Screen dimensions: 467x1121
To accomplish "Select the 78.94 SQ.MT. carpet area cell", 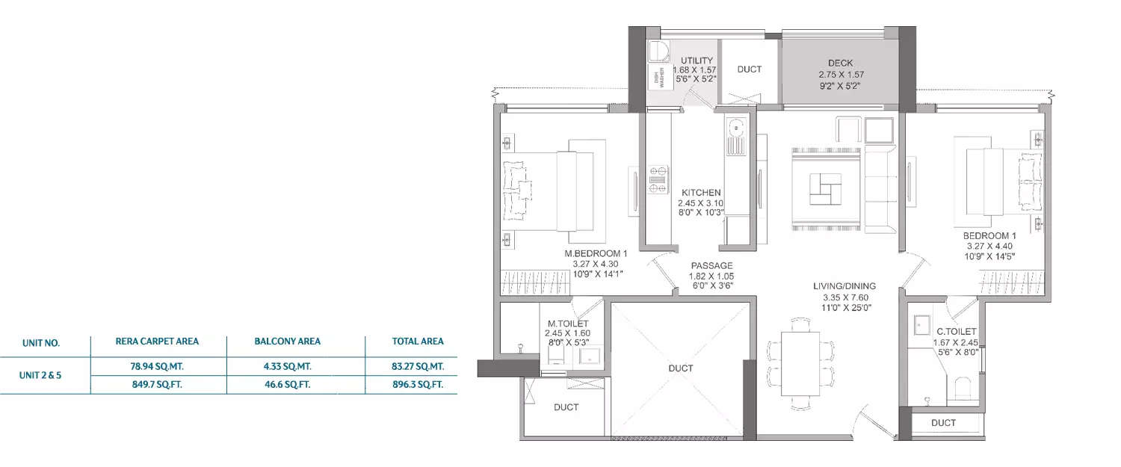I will (156, 367).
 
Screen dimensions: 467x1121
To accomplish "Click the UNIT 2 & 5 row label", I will (40, 377).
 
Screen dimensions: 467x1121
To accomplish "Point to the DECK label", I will (840, 64).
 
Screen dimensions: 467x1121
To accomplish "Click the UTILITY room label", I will (696, 61).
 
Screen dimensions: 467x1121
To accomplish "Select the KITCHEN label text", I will (700, 193).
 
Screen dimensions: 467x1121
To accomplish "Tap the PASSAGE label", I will (711, 265).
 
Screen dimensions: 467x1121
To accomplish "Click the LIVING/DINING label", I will (844, 286).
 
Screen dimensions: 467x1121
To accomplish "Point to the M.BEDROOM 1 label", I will (596, 254).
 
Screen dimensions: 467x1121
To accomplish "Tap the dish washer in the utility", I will (659, 76).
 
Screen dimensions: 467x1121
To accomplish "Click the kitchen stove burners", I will (658, 178).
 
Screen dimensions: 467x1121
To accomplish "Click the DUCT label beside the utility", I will (749, 69).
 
